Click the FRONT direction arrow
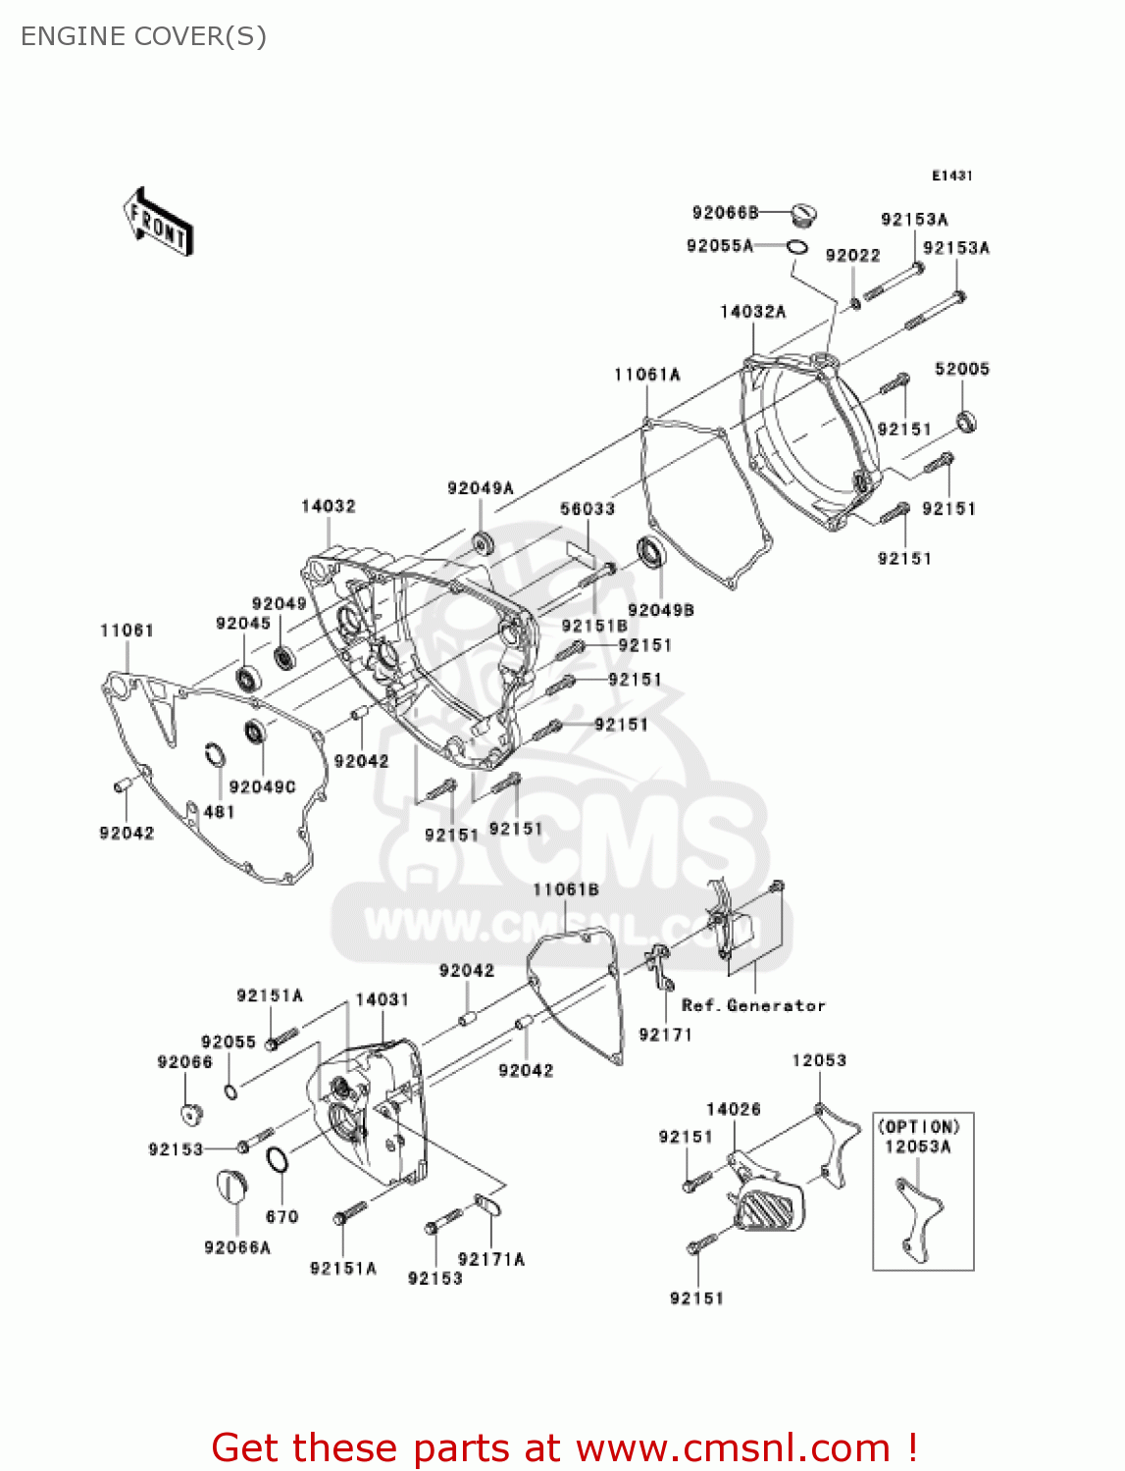pyautogui.click(x=158, y=223)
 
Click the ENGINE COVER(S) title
pyautogui.click(x=143, y=36)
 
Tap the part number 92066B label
pyautogui.click(x=725, y=213)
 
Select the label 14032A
pyautogui.click(x=752, y=312)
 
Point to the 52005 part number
pyautogui.click(x=961, y=369)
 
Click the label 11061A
pyautogui.click(x=646, y=375)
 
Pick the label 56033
pyautogui.click(x=587, y=509)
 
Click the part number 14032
pyautogui.click(x=328, y=506)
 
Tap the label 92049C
pyautogui.click(x=262, y=786)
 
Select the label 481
pyautogui.click(x=219, y=812)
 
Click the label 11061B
pyautogui.click(x=566, y=889)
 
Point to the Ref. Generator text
pyautogui.click(x=753, y=1005)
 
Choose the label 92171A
pyautogui.click(x=490, y=1259)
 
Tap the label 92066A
pyautogui.click(x=236, y=1247)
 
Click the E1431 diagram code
pyautogui.click(x=951, y=176)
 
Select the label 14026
pyautogui.click(x=733, y=1109)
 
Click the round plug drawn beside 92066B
pyautogui.click(x=804, y=213)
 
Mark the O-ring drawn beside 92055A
pyautogui.click(x=797, y=246)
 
